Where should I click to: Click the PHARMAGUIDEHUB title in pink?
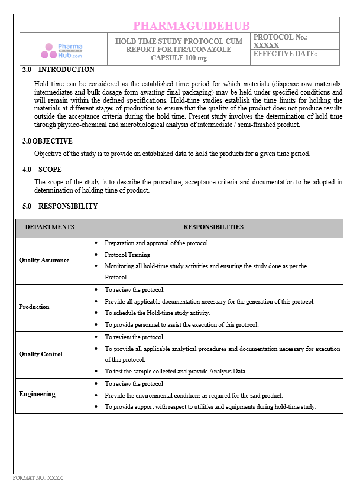192,25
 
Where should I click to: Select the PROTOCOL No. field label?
280,37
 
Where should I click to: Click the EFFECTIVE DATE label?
285,54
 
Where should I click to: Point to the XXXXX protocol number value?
266,45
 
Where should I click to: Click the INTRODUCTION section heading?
66,70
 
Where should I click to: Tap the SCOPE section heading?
50,169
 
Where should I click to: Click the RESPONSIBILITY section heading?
68,206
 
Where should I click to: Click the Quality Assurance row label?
44,260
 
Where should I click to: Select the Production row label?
34,307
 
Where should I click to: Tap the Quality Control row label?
41,354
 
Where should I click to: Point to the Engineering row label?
37,394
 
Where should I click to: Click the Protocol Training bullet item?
127,255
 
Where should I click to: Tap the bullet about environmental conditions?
194,395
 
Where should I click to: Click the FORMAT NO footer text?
38,477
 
